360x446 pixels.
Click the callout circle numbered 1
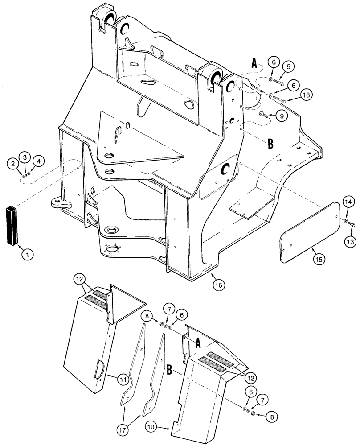click(28, 255)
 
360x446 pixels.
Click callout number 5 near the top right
click(288, 67)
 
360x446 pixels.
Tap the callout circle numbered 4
click(39, 161)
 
